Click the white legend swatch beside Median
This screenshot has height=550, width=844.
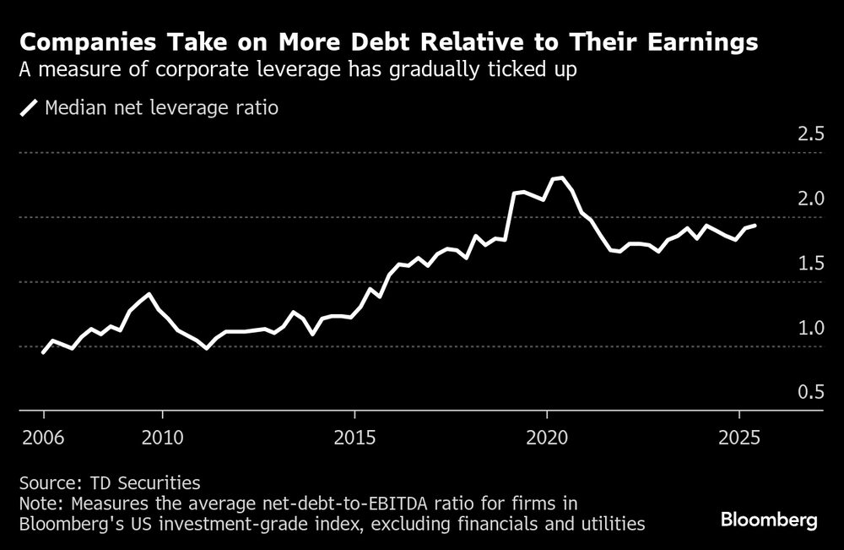click(x=30, y=108)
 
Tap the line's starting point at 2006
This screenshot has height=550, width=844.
click(x=43, y=352)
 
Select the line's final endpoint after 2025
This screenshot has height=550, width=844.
click(x=755, y=226)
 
